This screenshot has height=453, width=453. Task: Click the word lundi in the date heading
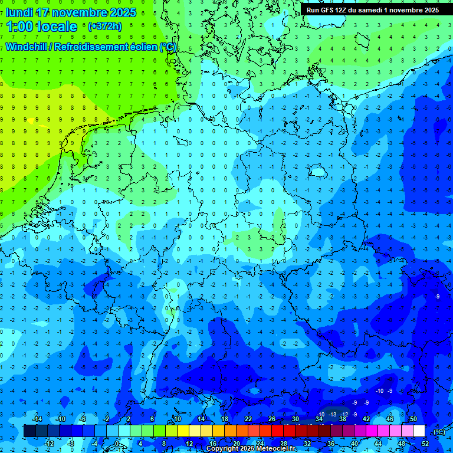[x=19, y=12]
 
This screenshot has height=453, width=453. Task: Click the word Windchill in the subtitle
[x=27, y=47]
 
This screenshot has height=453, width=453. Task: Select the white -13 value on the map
[x=333, y=415]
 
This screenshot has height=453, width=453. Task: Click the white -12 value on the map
[x=344, y=415]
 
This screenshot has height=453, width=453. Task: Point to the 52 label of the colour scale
[x=425, y=444]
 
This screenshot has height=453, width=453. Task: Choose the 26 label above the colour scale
[x=272, y=419]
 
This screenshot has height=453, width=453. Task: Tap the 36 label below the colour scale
[x=330, y=444]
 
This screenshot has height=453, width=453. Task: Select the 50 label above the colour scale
[x=413, y=419]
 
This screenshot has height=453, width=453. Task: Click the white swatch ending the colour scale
[x=419, y=431]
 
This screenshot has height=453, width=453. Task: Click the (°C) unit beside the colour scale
[x=439, y=432]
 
